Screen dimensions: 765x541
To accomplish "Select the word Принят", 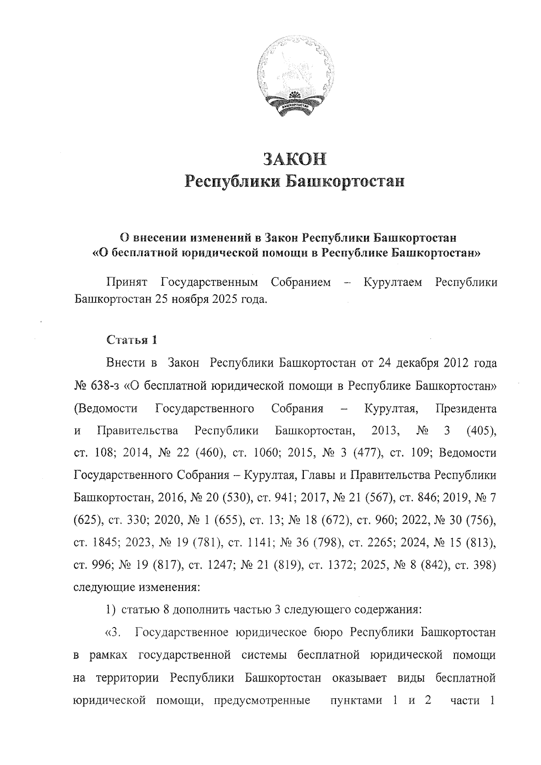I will (127, 283).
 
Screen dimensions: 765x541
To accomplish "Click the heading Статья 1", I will (131, 340).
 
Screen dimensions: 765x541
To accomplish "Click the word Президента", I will (467, 409).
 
